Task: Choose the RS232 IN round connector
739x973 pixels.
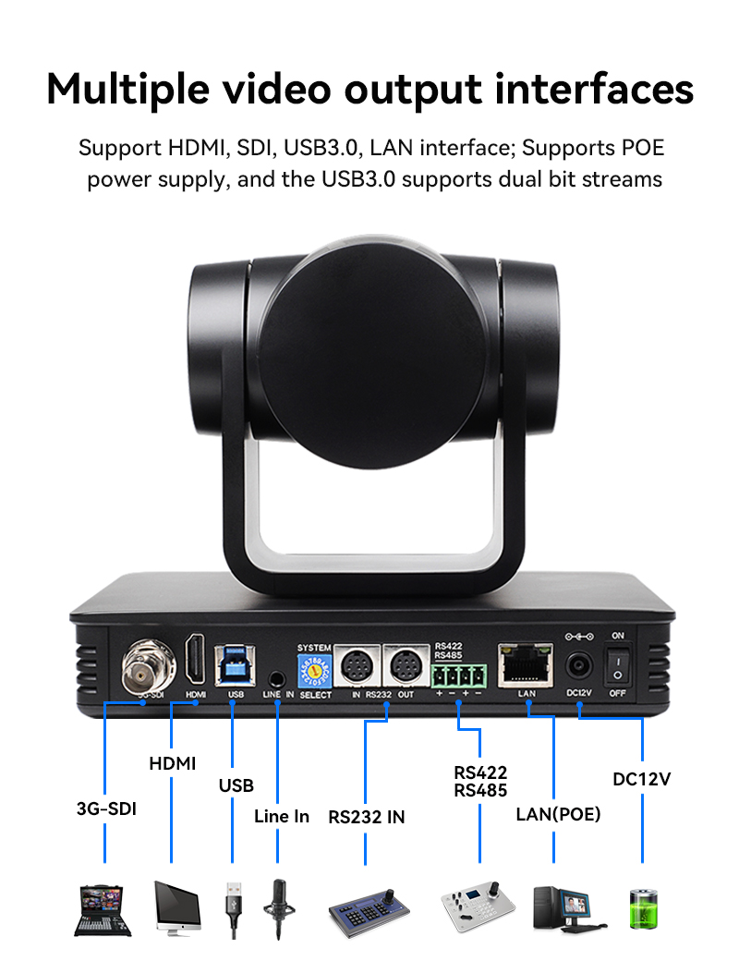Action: [357, 665]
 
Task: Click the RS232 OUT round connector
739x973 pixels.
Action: [405, 665]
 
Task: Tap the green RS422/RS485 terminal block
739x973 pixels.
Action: [459, 672]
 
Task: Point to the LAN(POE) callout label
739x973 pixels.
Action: [557, 814]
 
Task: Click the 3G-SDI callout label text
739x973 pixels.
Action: [106, 809]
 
